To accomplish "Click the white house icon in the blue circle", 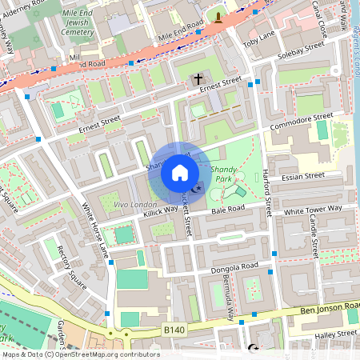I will coord(180,173).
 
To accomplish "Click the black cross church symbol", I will coord(198,80).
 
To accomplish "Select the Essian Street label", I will coord(304,176).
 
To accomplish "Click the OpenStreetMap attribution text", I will coord(80,354).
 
